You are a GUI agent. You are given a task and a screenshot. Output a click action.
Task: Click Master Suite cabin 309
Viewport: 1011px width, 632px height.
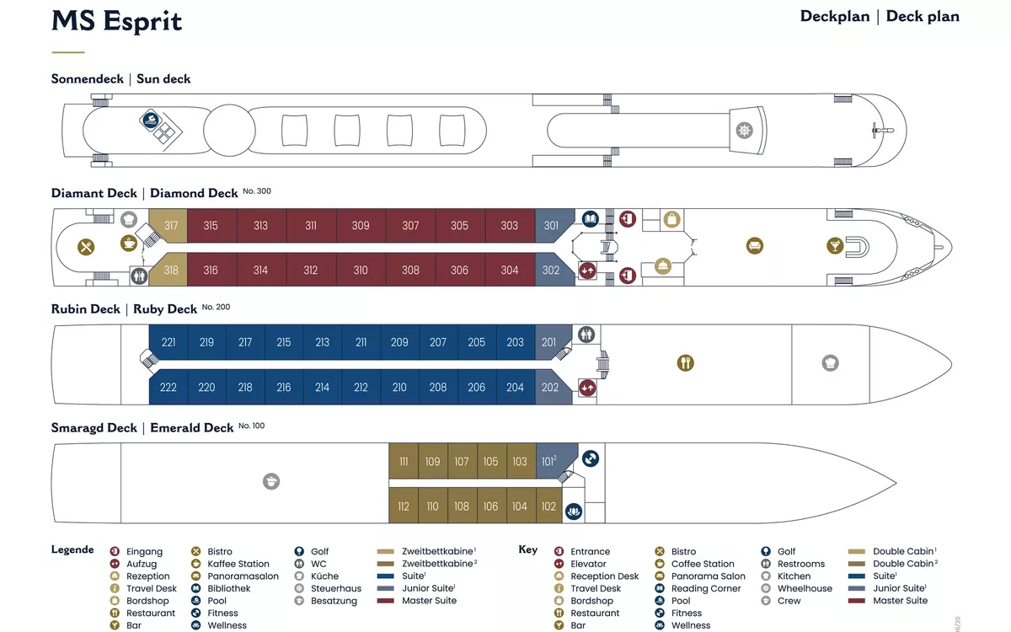click(361, 226)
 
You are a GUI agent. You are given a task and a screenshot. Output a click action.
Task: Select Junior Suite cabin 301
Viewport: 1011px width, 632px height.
click(551, 226)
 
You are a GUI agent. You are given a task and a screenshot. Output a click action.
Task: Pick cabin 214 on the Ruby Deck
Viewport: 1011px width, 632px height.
click(322, 388)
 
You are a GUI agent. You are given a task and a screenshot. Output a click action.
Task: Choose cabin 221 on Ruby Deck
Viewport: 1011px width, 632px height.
click(168, 343)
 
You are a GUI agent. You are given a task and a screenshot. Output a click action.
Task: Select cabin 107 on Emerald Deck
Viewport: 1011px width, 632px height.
click(462, 462)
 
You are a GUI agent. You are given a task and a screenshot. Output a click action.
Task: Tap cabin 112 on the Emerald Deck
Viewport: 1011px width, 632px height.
click(404, 506)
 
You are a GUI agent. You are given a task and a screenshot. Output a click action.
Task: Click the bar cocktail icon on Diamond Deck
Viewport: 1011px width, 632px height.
click(834, 246)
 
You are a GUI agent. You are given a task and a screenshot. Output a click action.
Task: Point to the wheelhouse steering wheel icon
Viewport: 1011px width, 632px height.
click(744, 131)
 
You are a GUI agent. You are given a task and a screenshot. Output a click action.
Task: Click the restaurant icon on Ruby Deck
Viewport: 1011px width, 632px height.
click(686, 363)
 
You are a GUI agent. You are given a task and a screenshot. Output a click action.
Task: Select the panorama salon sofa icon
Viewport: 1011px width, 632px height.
click(754, 246)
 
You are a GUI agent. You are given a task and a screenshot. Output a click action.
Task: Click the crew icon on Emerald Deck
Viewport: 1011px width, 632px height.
click(271, 481)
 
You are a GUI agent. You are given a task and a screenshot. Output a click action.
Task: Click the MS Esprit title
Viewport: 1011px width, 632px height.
click(116, 22)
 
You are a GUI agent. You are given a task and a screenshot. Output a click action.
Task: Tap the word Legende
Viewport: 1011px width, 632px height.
click(72, 549)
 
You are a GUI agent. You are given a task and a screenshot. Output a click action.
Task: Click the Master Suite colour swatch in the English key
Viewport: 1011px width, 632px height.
click(857, 601)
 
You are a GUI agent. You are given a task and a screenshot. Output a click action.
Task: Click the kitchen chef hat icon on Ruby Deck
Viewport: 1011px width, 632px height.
click(830, 363)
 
